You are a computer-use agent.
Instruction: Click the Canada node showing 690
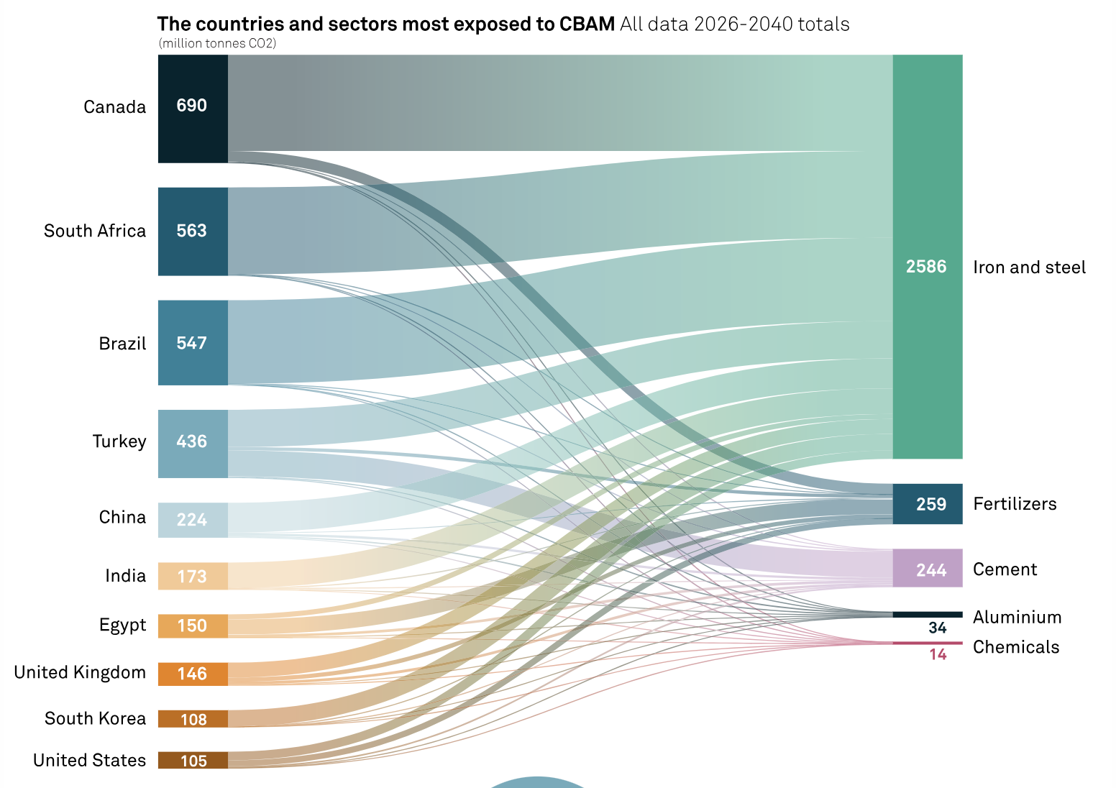193,109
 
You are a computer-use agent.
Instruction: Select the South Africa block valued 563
193,232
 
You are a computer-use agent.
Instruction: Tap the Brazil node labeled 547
193,343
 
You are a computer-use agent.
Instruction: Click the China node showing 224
193,520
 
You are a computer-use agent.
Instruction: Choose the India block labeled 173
193,577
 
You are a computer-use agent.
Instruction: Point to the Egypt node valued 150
193,626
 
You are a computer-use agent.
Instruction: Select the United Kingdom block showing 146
193,674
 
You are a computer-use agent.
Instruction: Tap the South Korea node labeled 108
193,719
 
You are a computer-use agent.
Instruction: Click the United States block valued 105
193,761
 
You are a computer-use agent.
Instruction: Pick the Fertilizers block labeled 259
927,504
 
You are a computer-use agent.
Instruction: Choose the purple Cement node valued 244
927,569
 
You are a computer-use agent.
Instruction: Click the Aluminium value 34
937,628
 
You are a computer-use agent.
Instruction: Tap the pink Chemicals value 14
937,654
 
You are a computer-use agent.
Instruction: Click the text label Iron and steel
1029,267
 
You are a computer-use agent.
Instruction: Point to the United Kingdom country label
80,673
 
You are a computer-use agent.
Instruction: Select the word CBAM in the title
587,24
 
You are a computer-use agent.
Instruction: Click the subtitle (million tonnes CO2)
217,43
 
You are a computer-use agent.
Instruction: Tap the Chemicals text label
1016,647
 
